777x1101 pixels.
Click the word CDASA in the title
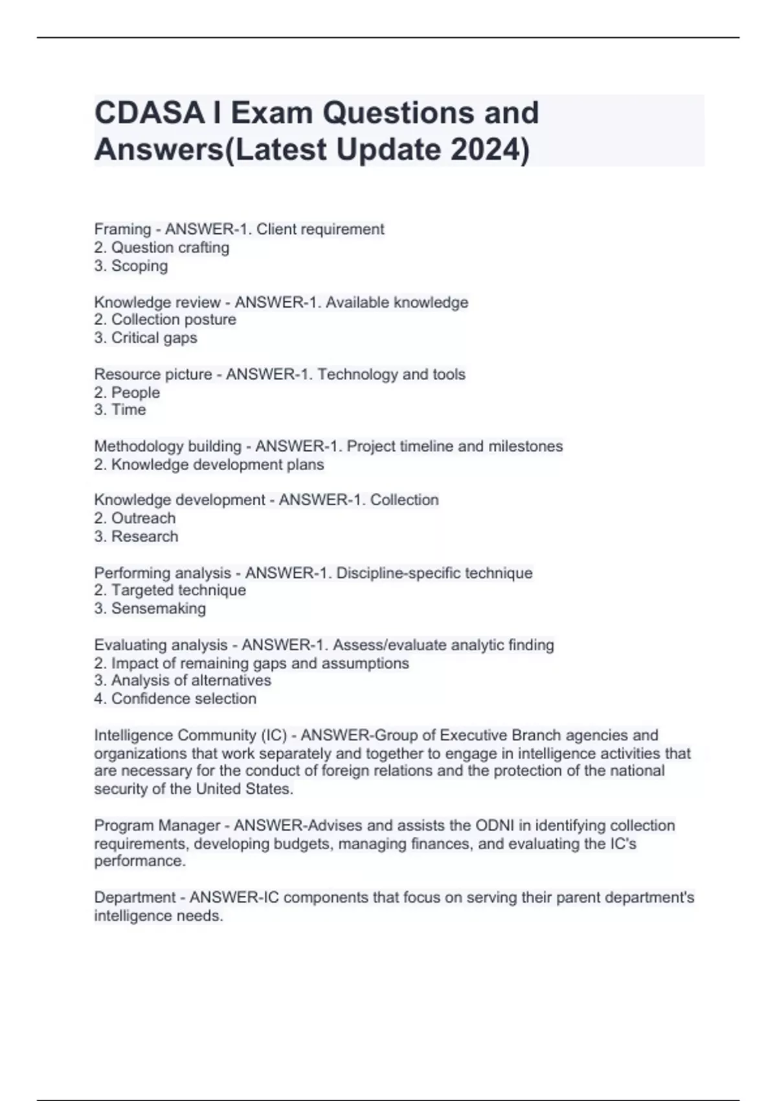point(150,113)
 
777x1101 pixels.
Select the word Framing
point(122,229)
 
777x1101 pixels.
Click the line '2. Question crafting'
point(162,247)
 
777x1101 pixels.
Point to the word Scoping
point(139,266)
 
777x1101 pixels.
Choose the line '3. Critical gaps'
point(146,338)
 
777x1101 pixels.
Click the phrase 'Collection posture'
point(174,320)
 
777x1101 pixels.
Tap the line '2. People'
point(127,392)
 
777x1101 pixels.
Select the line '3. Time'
point(120,410)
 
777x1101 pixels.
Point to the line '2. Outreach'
point(135,518)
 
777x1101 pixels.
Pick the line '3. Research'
point(136,536)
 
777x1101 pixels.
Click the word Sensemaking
point(159,609)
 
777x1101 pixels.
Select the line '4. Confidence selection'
point(175,699)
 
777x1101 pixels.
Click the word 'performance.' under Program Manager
point(140,861)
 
